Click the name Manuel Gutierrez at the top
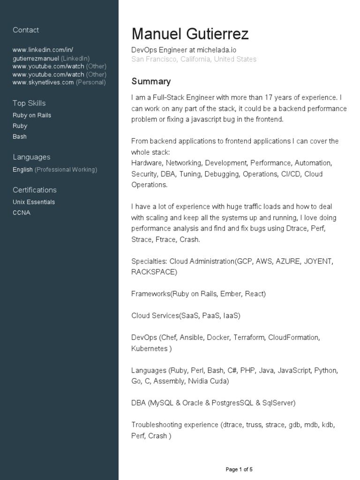(x=190, y=34)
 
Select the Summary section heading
(x=151, y=81)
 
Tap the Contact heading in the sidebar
(x=26, y=30)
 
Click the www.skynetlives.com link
(x=43, y=82)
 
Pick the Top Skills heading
(x=29, y=103)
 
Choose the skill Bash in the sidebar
(x=20, y=137)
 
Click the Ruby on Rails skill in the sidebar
(x=32, y=115)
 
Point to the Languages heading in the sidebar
(x=31, y=157)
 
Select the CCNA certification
(x=22, y=213)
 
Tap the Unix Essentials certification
(x=34, y=202)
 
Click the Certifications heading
(x=35, y=190)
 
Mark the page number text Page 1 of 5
(x=239, y=469)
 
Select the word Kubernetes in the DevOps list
(x=149, y=348)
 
